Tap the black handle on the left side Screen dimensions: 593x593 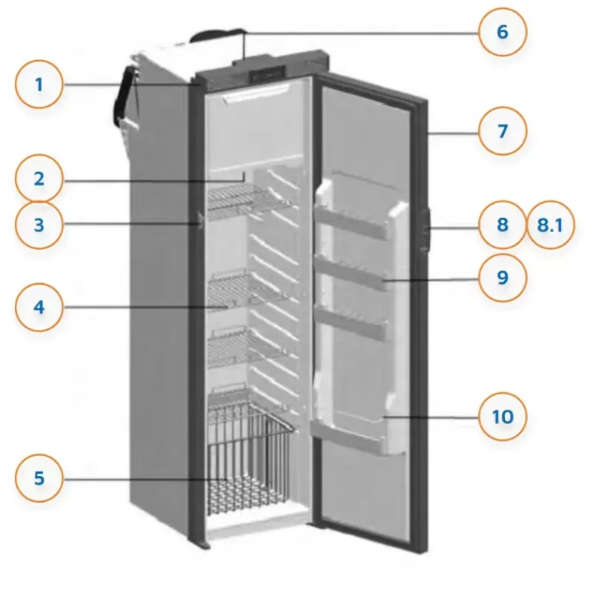click(x=123, y=96)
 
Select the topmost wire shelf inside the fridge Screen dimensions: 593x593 click(x=248, y=202)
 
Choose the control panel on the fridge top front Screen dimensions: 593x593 click(x=267, y=73)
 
